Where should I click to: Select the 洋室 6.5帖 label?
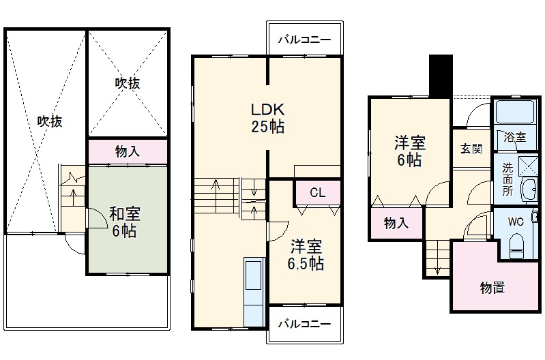[305, 255]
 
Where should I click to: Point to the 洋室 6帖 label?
[409, 152]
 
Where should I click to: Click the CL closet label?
[317, 193]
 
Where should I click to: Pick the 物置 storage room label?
[492, 288]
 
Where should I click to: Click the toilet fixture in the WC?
[517, 245]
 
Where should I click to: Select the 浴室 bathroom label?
[515, 137]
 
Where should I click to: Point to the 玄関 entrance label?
[470, 147]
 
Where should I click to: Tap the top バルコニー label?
[304, 40]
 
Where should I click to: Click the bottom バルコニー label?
[304, 323]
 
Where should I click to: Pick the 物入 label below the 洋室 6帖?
[396, 223]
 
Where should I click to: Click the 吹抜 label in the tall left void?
[49, 121]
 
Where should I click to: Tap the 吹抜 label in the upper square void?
[127, 83]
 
